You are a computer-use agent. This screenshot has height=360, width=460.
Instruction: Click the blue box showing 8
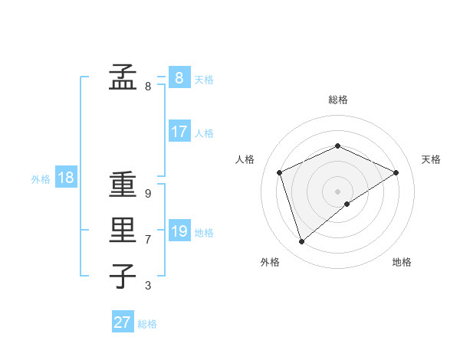coord(179,78)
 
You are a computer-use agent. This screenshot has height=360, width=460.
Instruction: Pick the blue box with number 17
coord(179,132)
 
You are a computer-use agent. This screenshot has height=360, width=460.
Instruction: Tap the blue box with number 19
coord(179,231)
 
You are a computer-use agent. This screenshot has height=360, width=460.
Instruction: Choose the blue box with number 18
coord(66,178)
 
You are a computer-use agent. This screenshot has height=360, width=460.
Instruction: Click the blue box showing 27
coord(123,322)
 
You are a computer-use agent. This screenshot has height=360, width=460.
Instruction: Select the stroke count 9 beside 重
coord(148,195)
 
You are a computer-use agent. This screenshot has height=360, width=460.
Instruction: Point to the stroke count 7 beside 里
coord(148,240)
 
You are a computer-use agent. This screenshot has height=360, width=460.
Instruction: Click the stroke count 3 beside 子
coord(148,286)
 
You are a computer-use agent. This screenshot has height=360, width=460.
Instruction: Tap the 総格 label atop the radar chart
coord(338,100)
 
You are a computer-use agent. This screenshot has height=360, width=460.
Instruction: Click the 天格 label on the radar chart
coord(431,159)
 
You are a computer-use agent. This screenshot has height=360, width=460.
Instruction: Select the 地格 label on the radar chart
coord(402,263)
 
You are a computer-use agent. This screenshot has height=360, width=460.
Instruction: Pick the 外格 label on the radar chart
coord(270,263)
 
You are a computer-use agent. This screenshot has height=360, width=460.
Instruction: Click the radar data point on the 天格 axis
coord(396,172)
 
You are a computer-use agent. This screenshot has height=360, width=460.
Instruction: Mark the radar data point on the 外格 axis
coord(301,242)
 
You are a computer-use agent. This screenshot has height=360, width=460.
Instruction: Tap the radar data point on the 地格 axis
coord(347,204)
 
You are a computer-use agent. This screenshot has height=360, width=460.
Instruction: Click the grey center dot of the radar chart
coord(338,191)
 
